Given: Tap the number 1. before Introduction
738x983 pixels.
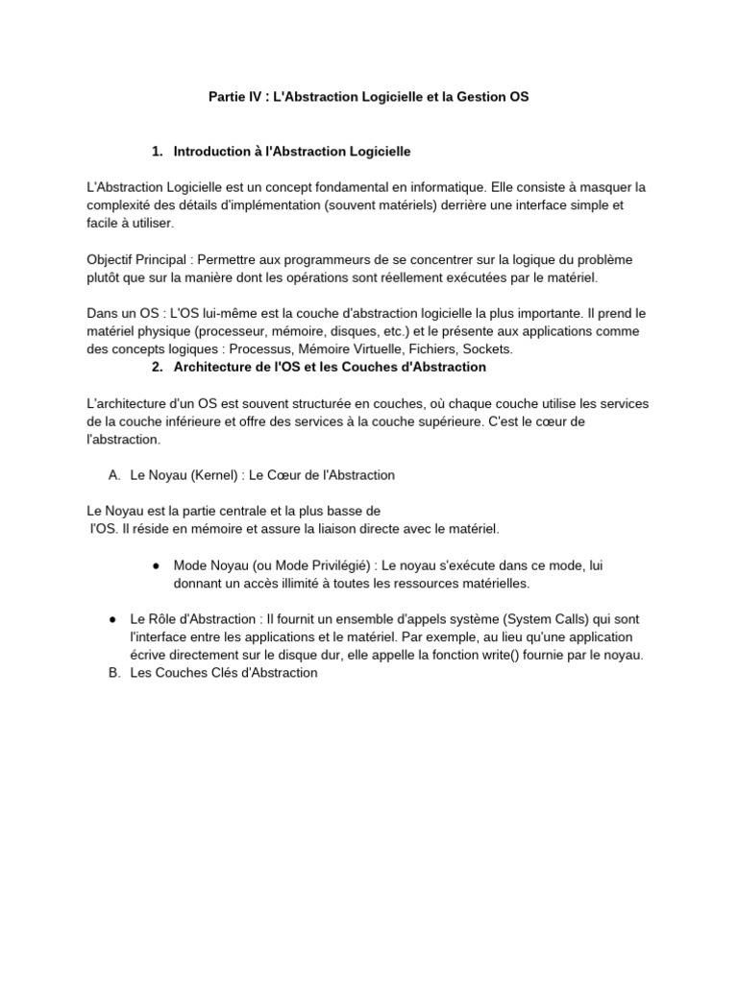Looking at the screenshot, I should click(x=158, y=152).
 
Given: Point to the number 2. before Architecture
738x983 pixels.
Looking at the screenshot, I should click(x=158, y=367).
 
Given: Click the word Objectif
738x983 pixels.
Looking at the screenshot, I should click(x=112, y=259).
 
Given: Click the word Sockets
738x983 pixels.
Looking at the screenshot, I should click(x=489, y=349).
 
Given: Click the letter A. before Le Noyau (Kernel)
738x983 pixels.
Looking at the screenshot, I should click(x=114, y=475).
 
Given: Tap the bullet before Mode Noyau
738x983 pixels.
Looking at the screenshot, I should click(x=156, y=565).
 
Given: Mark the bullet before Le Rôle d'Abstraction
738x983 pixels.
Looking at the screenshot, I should click(x=112, y=619).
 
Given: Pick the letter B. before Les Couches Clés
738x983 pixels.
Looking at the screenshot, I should click(x=114, y=673).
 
